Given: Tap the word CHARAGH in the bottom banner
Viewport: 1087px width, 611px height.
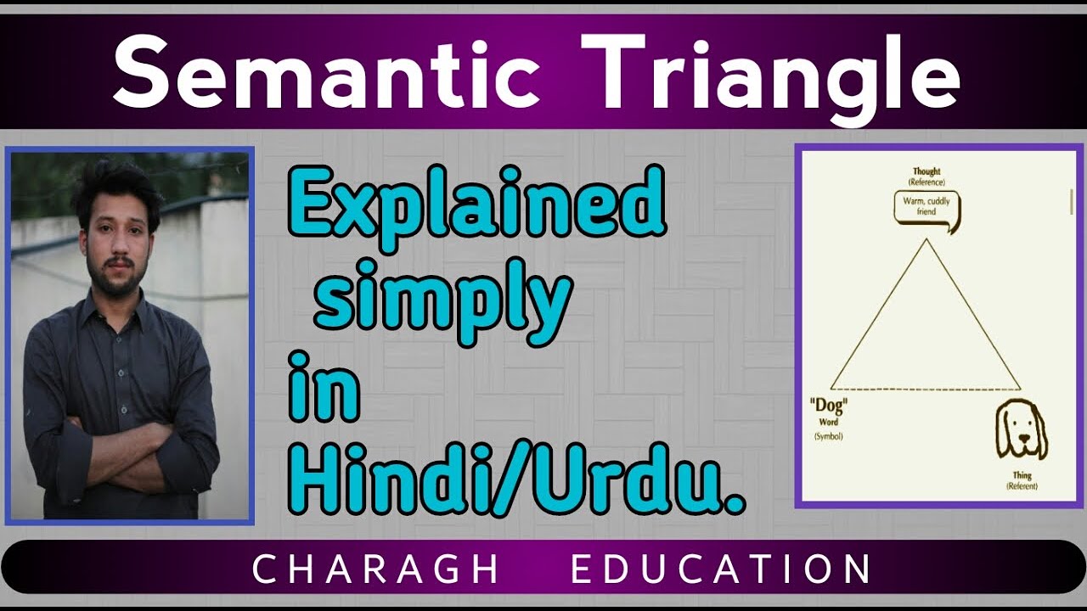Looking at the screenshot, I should point(375,569).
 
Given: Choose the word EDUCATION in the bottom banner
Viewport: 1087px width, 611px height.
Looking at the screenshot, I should point(721,569).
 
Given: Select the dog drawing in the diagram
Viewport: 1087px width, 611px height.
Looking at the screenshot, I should point(1021,431).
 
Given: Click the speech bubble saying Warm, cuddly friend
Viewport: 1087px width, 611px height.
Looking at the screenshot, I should point(926,207).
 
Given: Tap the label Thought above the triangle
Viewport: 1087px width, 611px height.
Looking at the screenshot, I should point(926,171).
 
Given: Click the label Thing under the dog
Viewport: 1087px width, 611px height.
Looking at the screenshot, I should point(1022,475).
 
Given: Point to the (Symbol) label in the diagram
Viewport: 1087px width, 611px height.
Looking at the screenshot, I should point(828,436).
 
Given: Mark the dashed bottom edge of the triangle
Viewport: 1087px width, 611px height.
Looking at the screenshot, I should point(926,389).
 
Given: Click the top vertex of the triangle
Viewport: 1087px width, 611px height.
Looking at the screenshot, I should point(926,240).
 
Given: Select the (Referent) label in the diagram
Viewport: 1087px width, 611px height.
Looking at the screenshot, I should point(1022,486).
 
